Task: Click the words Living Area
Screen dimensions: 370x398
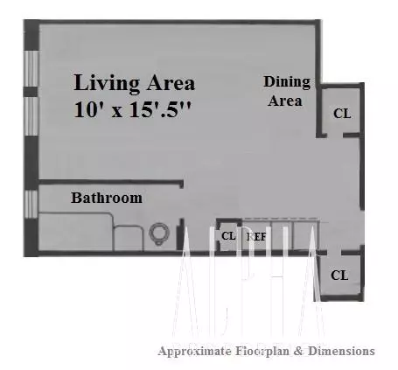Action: coord(134,84)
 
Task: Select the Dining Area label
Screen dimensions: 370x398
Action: coord(287,91)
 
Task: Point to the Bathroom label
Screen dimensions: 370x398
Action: coord(107,198)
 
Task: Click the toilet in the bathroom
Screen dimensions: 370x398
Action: coord(159,233)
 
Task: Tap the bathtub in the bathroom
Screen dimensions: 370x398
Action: coord(74,234)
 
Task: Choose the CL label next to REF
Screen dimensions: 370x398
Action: coord(228,236)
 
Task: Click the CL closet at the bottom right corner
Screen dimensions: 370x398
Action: coord(339,275)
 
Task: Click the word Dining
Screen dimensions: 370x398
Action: coord(287,82)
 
